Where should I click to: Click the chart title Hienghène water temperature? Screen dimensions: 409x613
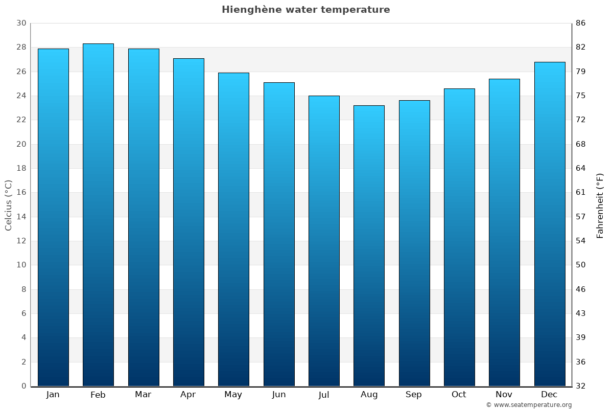(305, 10)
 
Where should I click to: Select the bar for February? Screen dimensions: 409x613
(98, 215)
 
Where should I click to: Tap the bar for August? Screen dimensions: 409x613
(369, 245)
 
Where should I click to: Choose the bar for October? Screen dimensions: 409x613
(459, 237)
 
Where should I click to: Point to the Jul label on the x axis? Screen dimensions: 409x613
(324, 395)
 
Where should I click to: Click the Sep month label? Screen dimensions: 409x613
(414, 395)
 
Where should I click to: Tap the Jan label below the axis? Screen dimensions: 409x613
(53, 395)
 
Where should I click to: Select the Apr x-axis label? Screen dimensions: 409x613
(188, 395)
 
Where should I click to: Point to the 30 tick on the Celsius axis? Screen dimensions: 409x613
(21, 23)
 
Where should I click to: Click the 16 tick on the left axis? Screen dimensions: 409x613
(21, 192)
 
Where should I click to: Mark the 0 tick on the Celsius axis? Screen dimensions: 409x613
(23, 386)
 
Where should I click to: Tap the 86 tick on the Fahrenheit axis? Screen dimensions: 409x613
(581, 23)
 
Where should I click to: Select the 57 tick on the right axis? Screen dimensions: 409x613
(581, 217)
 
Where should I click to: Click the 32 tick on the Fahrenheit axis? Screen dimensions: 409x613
(581, 386)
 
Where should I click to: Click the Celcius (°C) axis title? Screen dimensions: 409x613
(8, 205)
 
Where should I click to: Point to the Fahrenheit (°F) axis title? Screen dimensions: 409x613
(600, 205)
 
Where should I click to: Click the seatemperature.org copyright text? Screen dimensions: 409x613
(528, 405)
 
